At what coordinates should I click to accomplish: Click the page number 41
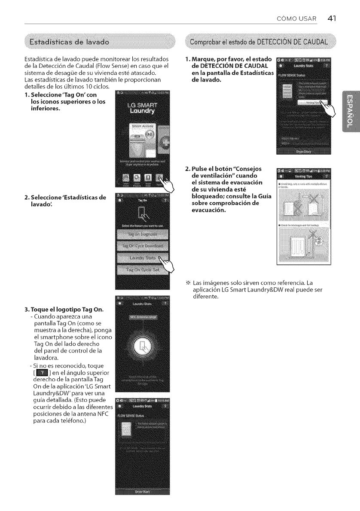(x=332, y=18)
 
